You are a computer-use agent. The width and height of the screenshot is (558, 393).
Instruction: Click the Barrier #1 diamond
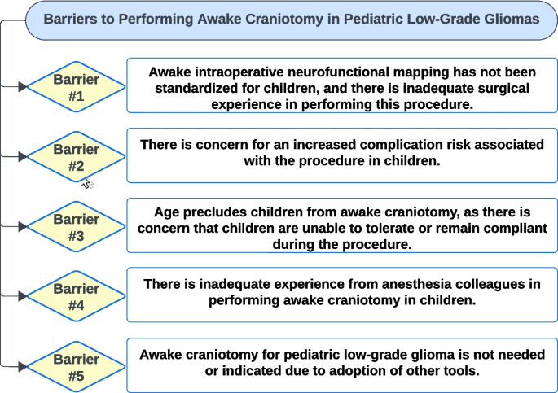(76, 87)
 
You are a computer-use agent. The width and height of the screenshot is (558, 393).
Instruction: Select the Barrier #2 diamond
(76, 157)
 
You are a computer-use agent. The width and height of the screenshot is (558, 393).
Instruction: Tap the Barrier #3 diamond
(76, 227)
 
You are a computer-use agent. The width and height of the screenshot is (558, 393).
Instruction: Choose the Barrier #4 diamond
(76, 296)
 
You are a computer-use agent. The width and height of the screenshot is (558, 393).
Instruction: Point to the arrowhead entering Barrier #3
(21, 227)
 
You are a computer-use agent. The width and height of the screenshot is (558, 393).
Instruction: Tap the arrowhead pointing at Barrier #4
(21, 296)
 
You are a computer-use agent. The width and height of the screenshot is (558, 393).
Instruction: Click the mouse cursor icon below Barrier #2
(86, 182)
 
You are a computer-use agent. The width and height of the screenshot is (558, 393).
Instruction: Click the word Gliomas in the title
(508, 20)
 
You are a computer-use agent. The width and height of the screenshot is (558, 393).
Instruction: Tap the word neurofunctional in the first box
(321, 73)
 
